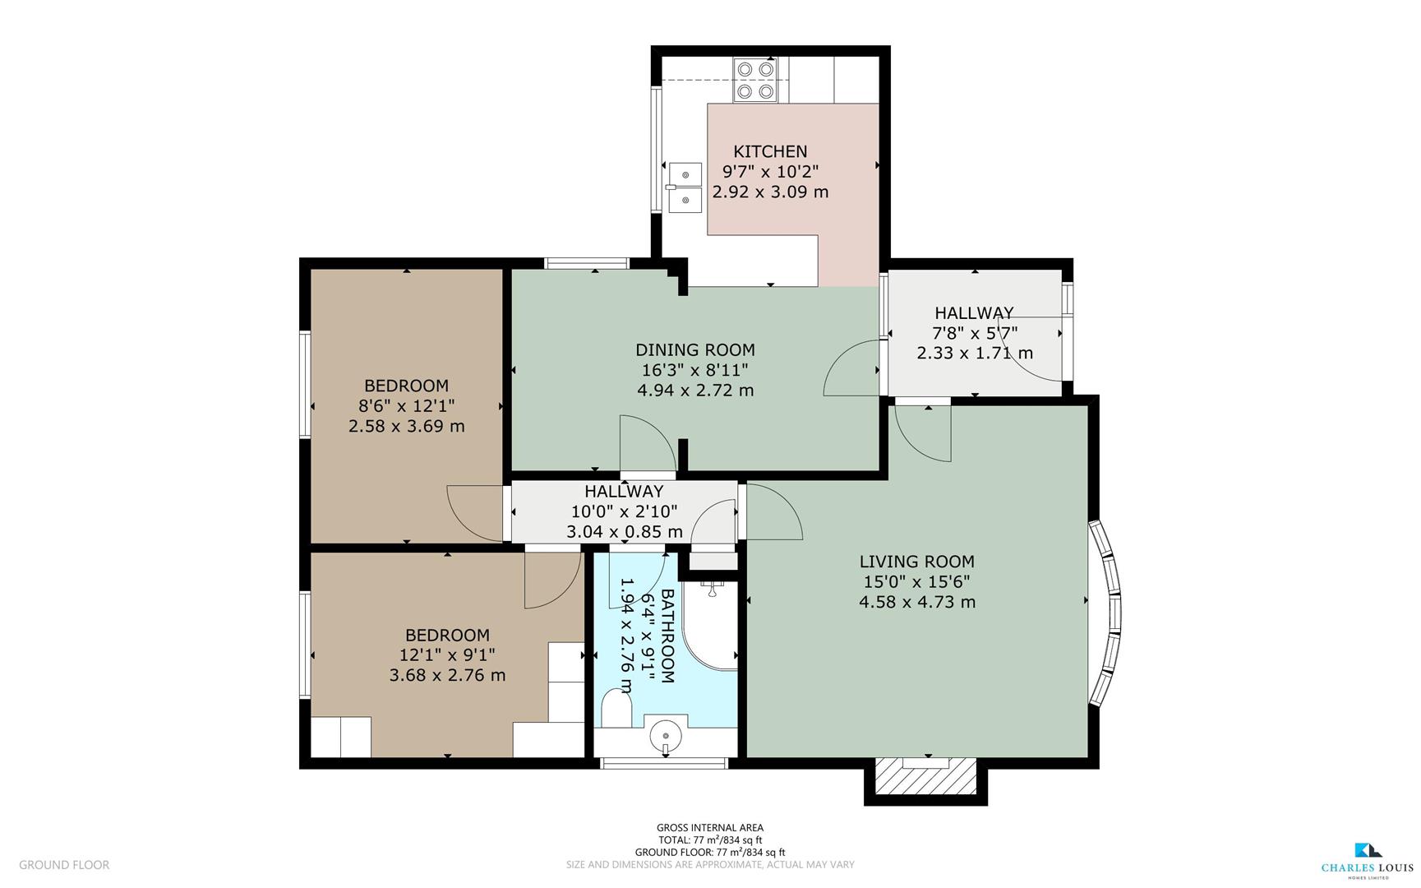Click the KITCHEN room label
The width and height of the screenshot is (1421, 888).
pos(770,151)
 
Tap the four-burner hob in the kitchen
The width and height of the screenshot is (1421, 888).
pos(754,80)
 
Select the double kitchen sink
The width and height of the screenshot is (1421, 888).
pos(685,187)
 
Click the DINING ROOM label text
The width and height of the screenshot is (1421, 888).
pos(694,350)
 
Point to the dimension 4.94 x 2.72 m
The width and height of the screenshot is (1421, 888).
pos(694,390)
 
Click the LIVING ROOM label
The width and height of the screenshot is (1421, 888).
pos(916,562)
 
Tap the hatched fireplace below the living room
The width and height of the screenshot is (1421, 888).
pos(925,775)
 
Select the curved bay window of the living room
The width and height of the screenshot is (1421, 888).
pos(1106,612)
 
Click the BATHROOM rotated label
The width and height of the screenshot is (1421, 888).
pos(667,636)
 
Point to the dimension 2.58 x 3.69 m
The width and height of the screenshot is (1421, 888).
pos(406,426)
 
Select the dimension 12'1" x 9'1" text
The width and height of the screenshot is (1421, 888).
pos(447,655)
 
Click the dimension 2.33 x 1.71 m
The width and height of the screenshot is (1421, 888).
pos(975,353)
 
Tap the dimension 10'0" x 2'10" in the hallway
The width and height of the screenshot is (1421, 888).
pos(624,511)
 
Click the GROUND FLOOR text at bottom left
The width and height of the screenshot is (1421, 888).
pos(64,865)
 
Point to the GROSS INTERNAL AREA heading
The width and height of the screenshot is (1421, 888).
pos(709,828)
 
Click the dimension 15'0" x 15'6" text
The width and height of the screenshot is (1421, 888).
pos(916,581)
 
